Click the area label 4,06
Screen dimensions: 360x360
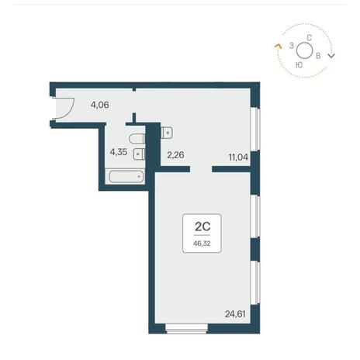click(x=100, y=105)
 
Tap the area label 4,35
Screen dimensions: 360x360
click(x=119, y=152)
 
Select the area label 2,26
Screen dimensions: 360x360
click(x=175, y=155)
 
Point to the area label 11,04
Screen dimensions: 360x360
click(x=238, y=157)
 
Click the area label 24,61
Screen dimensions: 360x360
click(x=235, y=314)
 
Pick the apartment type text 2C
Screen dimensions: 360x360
click(x=202, y=227)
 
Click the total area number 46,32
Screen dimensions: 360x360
click(x=202, y=244)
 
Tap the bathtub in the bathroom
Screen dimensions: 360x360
click(x=126, y=176)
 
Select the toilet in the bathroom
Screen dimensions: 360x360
click(x=137, y=139)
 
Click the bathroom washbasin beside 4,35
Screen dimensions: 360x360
click(x=140, y=154)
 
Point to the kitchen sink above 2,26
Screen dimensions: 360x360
click(x=167, y=133)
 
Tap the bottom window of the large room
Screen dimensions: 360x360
click(x=186, y=328)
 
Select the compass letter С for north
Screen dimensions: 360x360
click(x=309, y=38)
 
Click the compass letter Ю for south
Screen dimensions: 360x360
click(x=299, y=65)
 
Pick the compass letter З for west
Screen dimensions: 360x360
click(x=292, y=46)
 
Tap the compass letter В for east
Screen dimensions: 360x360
click(x=318, y=56)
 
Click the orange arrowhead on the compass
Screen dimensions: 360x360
click(x=278, y=47)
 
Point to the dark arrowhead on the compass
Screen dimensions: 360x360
click(x=331, y=55)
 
